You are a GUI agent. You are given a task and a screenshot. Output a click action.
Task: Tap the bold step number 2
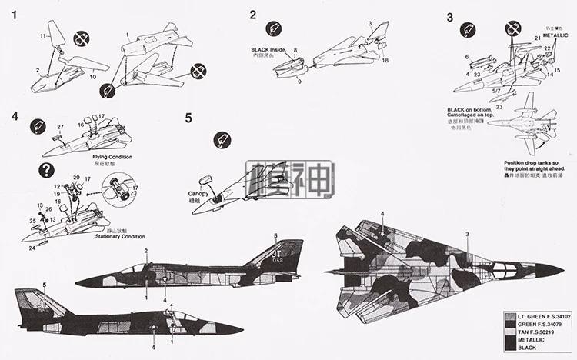click(253, 15)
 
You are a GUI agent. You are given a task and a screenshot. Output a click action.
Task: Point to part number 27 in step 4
click(60, 126)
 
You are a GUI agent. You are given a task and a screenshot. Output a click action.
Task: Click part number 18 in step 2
click(385, 59)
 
